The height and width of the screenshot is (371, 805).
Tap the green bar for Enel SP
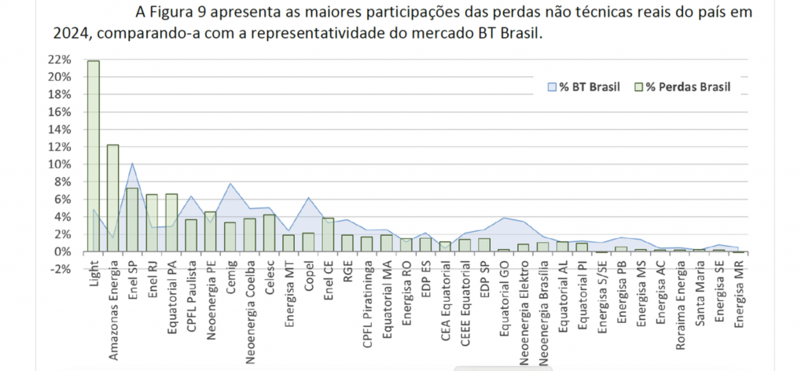click(x=132, y=219)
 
